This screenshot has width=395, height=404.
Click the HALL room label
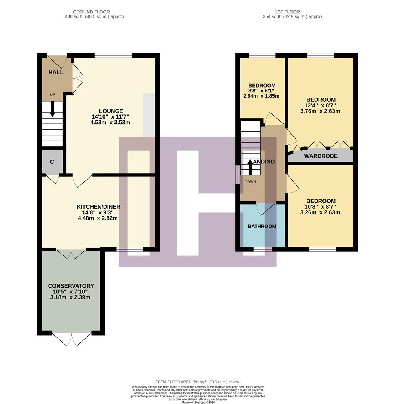55,72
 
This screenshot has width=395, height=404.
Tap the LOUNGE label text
111,111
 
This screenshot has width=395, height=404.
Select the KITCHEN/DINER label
98,207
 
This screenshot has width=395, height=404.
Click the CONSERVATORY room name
71,286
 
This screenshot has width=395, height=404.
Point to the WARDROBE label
321,156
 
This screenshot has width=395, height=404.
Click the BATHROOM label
262,226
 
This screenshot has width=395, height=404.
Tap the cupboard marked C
52,162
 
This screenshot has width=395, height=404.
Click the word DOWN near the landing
250,182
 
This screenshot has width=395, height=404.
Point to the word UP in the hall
52,95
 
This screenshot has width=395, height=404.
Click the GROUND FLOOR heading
91,12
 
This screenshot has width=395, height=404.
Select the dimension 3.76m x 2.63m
320,111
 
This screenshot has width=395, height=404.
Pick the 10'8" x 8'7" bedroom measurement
320,207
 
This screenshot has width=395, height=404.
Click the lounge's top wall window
113,56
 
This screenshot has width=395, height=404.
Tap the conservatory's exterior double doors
71,339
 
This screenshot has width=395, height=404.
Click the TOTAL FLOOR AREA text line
198,382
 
